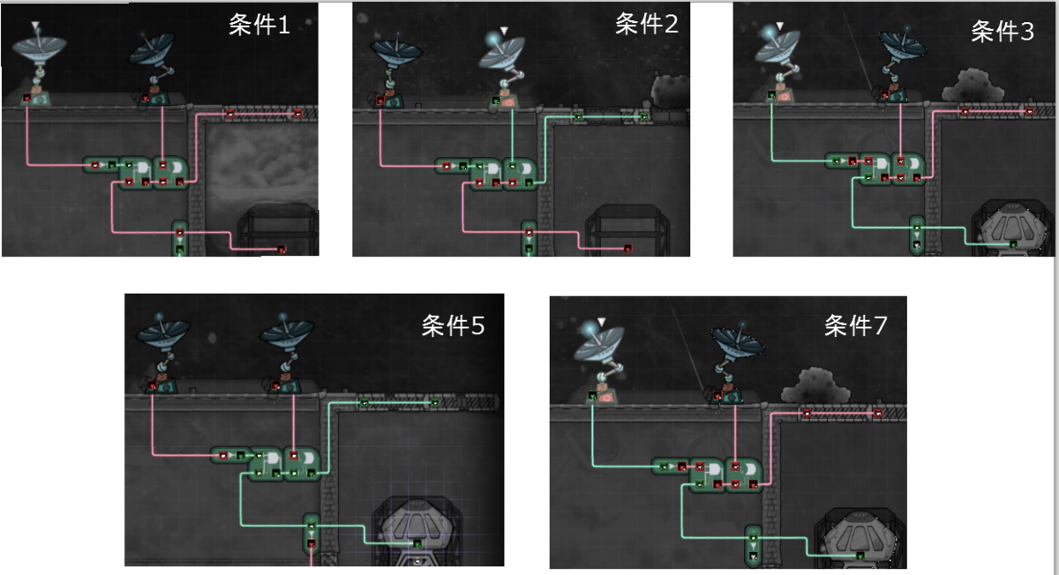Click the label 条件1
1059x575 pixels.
pyautogui.click(x=259, y=26)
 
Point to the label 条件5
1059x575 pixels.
pyautogui.click(x=452, y=327)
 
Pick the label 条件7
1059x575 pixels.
pyautogui.click(x=855, y=327)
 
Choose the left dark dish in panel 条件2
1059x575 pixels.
pyautogui.click(x=394, y=51)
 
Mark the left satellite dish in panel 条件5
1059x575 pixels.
pyautogui.click(x=163, y=335)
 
